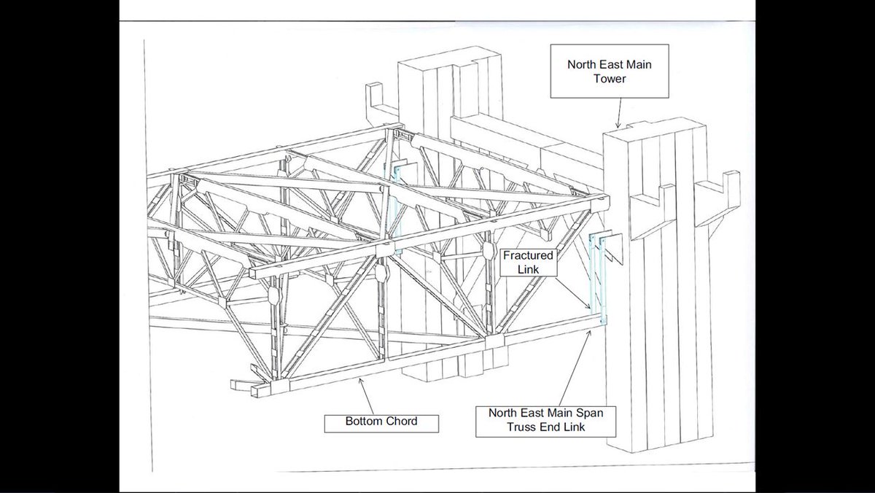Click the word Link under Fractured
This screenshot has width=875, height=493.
(528, 271)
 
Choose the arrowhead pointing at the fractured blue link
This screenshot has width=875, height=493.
(590, 308)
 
